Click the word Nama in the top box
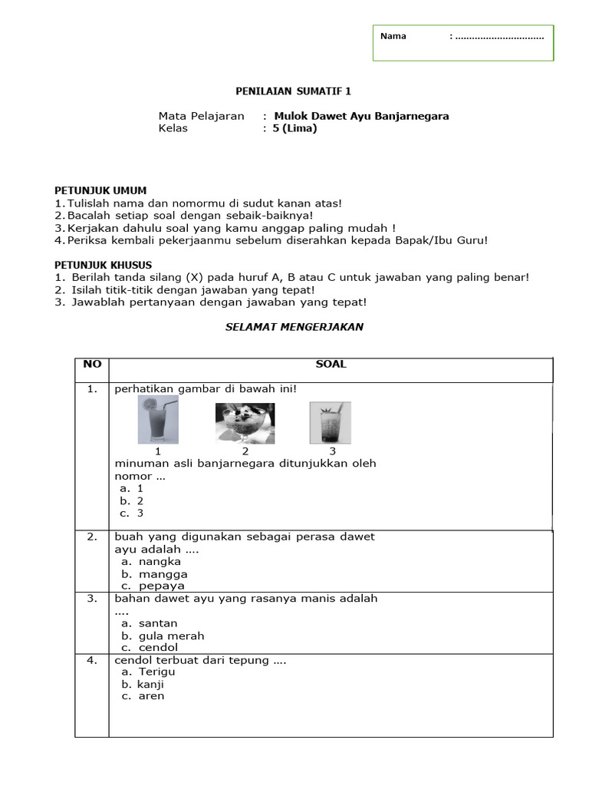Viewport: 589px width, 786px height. (393, 36)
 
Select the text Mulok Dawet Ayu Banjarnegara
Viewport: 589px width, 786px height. (360, 116)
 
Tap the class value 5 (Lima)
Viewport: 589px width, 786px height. (294, 128)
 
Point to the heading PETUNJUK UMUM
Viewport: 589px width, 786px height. (100, 190)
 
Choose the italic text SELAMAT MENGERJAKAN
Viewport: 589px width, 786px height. (294, 327)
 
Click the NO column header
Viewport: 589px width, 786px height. (92, 365)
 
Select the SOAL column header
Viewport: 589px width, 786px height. (331, 365)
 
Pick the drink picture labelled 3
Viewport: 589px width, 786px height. (331, 423)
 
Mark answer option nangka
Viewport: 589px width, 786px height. (160, 561)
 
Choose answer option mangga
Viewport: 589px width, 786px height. (163, 573)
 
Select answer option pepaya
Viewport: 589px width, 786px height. (162, 586)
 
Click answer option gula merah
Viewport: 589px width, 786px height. (171, 636)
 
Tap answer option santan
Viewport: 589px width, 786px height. (158, 623)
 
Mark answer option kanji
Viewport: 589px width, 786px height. (151, 684)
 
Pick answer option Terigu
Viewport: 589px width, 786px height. (156, 672)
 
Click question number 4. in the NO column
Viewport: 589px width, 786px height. (92, 660)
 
